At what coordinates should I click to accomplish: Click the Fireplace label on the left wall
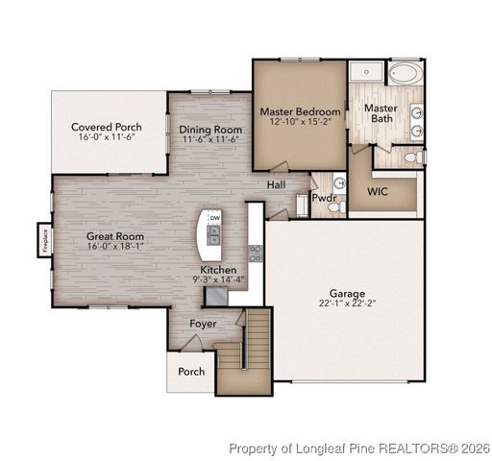[x=44, y=239]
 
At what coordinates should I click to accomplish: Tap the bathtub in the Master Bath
[x=405, y=73]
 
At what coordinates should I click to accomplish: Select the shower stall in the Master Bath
[x=365, y=72]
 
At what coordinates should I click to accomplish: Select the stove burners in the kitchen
[x=256, y=254]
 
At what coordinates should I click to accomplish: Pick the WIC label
[x=378, y=191]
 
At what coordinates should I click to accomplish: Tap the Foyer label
[x=202, y=324]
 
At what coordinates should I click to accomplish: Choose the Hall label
[x=276, y=184]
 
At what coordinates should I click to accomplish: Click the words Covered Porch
[x=107, y=127]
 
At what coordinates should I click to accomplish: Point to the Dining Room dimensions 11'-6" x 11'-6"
[x=210, y=140]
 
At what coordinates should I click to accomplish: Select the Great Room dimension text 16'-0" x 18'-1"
[x=115, y=248]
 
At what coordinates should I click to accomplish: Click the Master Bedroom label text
[x=300, y=111]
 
